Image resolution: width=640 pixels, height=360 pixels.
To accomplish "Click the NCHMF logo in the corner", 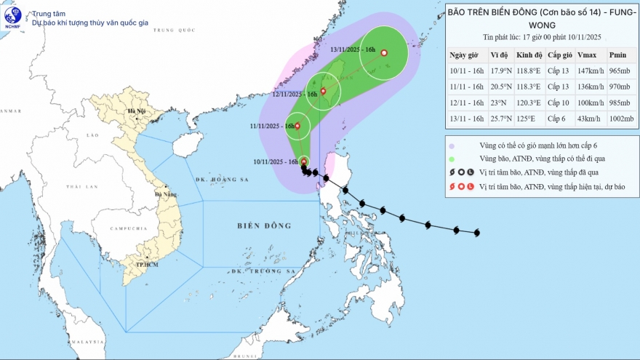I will click(x=13, y=16).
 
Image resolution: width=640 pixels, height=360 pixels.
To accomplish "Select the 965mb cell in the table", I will click(x=617, y=71).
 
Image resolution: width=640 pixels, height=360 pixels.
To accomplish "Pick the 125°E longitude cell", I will click(x=526, y=118).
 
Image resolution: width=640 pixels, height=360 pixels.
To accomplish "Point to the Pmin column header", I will click(x=617, y=55).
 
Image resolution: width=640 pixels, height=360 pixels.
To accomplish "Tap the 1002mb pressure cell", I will click(x=617, y=118).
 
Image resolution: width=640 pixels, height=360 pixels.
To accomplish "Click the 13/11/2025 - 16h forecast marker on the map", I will click(x=384, y=52).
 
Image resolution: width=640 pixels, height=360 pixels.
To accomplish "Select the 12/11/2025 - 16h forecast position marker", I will click(x=323, y=91).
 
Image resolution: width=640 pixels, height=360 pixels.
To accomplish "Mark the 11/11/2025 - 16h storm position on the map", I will click(x=297, y=126).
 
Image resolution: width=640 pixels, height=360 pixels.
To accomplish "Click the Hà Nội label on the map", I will click(x=137, y=111).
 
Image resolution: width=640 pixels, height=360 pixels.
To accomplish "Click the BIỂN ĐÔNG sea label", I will click(x=263, y=226).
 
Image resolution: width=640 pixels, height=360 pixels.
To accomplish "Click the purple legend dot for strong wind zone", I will click(x=452, y=145).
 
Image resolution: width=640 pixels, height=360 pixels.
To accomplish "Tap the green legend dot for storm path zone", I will click(x=452, y=159).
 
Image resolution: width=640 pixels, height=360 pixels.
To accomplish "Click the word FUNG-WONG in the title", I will click(x=539, y=23).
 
